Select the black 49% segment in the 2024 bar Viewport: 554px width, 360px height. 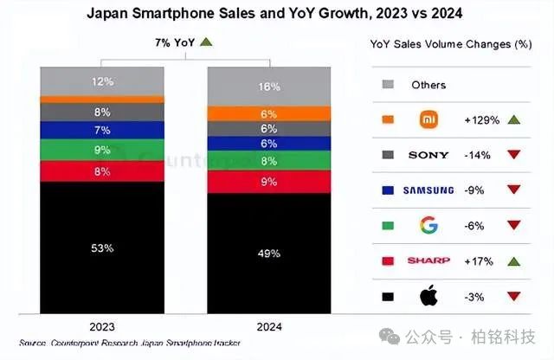coord(268,254)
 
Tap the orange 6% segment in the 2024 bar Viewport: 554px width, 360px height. coord(268,113)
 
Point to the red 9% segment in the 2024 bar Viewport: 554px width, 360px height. coord(268,182)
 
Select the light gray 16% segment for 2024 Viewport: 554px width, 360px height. coord(268,87)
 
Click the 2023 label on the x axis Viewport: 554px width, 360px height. coord(102,328)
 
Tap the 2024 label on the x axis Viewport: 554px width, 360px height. coord(268,328)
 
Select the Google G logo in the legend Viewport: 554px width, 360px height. coord(428,226)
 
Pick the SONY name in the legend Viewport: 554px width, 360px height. coord(428,155)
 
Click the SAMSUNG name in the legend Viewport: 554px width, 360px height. coord(428,190)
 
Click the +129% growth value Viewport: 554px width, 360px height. coord(480,119)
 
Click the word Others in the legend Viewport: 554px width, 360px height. coord(429,84)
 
